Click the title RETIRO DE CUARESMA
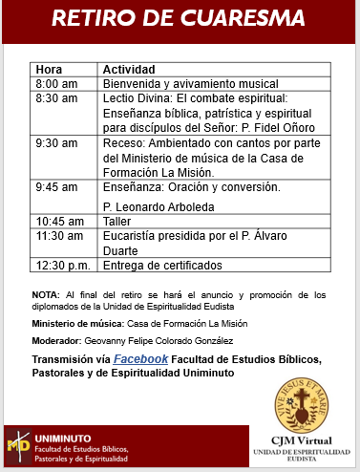tap(180, 19)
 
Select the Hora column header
tap(49, 70)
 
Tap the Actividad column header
tap(129, 70)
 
